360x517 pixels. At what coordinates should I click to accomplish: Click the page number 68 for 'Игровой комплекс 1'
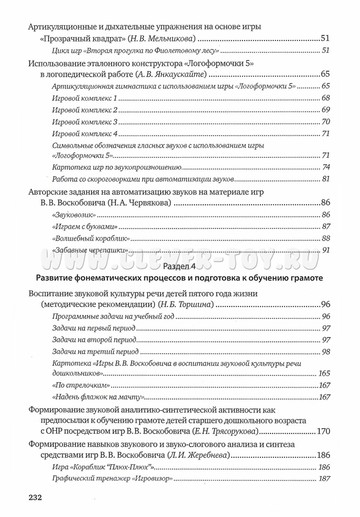coord(326,98)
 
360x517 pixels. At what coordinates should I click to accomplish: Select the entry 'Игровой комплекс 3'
coord(85,122)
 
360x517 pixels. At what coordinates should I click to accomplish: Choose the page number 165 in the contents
coord(324,373)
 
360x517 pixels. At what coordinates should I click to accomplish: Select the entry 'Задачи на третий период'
coord(95,352)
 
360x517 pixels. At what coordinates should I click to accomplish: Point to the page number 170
coord(323,431)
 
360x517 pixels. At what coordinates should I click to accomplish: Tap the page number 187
coord(324,479)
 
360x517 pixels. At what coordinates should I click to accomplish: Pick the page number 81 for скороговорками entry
coord(326,179)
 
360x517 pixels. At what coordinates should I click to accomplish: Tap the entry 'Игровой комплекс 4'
coord(85,134)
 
